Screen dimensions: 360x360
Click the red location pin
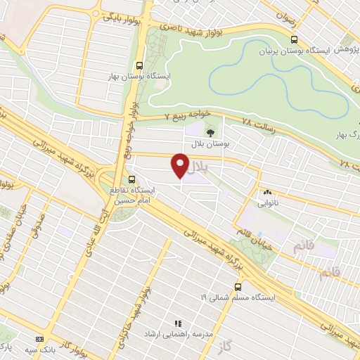[180, 166]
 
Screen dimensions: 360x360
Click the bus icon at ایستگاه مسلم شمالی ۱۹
[237, 287]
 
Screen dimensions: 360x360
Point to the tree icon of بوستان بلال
[210, 131]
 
